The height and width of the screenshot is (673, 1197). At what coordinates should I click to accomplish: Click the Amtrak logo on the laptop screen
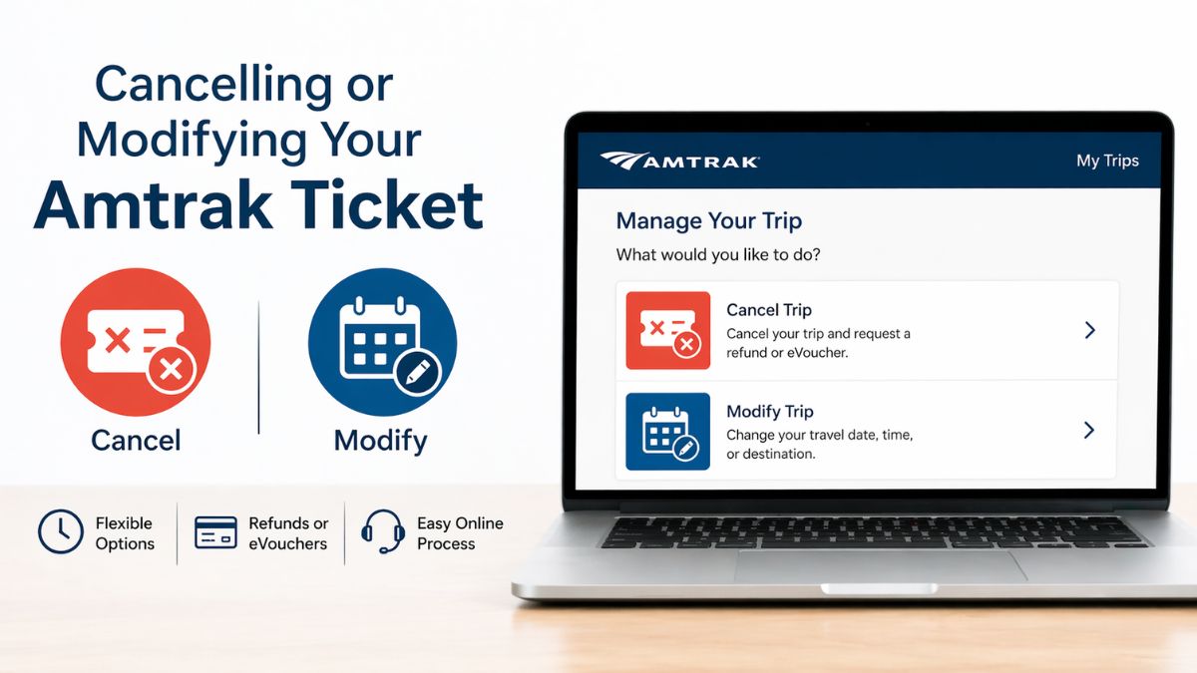coord(679,161)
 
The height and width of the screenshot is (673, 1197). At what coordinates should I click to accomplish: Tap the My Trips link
coord(1107,161)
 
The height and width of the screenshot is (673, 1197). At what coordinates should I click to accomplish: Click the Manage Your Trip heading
coord(708,220)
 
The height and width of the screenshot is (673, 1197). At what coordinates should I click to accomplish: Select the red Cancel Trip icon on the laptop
coord(668,330)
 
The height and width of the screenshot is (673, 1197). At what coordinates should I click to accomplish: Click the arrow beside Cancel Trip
coord(1089,330)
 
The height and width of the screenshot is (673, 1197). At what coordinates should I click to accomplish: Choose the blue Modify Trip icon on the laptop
coord(668,431)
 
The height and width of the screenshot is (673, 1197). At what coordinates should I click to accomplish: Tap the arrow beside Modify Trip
coord(1089,431)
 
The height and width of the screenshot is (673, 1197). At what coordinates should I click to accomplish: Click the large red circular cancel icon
coord(136,342)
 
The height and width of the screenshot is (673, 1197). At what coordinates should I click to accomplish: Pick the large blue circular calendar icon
coord(382,342)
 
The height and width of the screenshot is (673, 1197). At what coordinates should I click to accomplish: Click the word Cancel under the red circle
coord(136,440)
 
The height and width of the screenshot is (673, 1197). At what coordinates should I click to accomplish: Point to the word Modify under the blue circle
coord(380,440)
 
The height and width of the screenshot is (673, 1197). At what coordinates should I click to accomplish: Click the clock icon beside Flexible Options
coord(60,531)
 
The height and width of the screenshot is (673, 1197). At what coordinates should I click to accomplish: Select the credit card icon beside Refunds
coord(215,532)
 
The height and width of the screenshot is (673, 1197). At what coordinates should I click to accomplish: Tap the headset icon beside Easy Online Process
coord(382,532)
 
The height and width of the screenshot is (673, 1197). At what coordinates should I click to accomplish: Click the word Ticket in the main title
coord(382,206)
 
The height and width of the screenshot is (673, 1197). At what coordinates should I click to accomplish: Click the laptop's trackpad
coord(881,565)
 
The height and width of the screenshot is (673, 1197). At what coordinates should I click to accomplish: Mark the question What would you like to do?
coord(718,255)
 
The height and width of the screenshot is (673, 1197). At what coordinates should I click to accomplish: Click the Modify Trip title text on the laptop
coord(770,411)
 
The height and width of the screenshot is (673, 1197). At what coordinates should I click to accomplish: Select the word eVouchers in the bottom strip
coord(288,543)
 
